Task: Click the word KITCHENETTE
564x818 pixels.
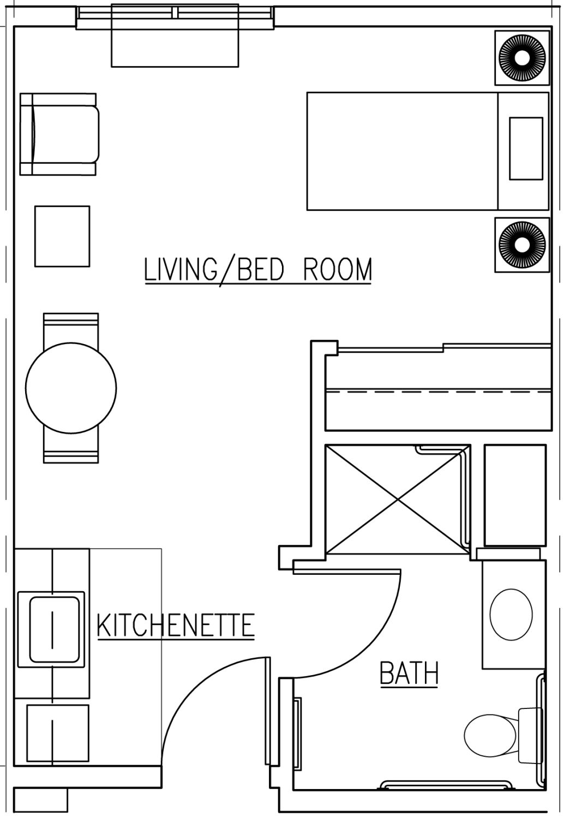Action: pyautogui.click(x=176, y=625)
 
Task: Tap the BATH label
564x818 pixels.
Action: pyautogui.click(x=409, y=673)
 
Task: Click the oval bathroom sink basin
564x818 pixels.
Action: pyautogui.click(x=511, y=615)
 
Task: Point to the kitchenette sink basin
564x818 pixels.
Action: pyautogui.click(x=55, y=629)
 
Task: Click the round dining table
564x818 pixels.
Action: pyautogui.click(x=71, y=388)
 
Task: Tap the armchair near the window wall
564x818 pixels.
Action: pyautogui.click(x=59, y=134)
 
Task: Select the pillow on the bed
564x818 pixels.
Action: pyautogui.click(x=526, y=149)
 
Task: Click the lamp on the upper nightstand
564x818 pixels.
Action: pyautogui.click(x=523, y=58)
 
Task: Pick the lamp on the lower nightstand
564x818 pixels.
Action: pyautogui.click(x=523, y=245)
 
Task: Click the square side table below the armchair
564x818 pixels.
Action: pyautogui.click(x=62, y=236)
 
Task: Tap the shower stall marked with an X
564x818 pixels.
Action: pyautogui.click(x=398, y=499)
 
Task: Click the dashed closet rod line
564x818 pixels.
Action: pyautogui.click(x=439, y=392)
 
